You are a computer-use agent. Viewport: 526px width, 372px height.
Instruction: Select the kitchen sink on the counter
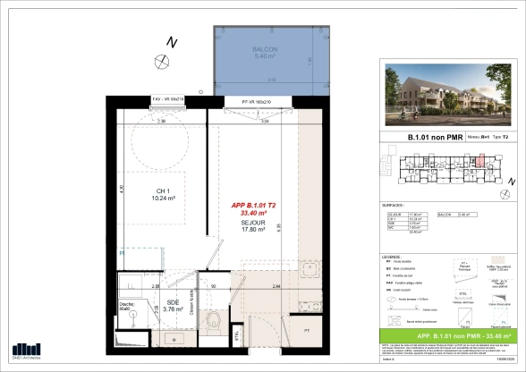pos(310,269)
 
